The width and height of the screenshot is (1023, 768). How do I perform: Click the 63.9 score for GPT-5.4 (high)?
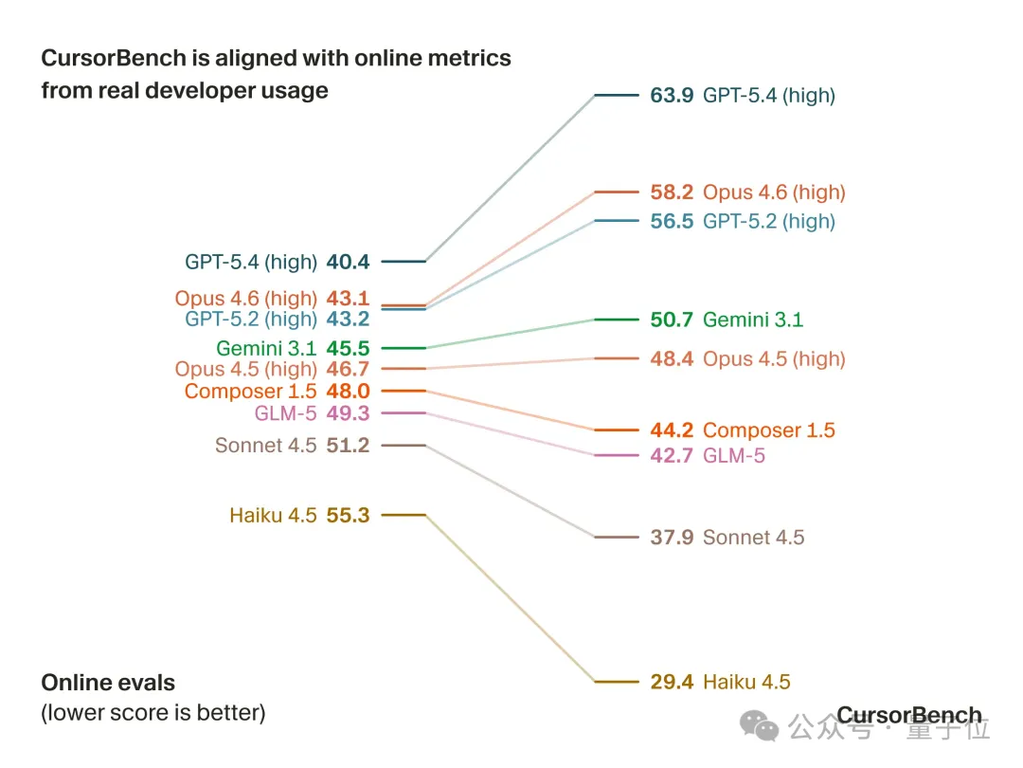[x=672, y=95]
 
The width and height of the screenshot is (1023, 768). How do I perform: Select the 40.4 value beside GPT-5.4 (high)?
[x=348, y=262]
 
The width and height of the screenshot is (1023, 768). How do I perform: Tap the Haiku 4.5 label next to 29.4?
[x=746, y=682]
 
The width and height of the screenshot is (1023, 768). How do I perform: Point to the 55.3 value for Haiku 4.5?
[x=348, y=516]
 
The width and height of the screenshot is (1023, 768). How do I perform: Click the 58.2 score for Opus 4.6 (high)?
[x=672, y=192]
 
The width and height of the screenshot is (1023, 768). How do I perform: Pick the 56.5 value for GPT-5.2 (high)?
[x=672, y=221]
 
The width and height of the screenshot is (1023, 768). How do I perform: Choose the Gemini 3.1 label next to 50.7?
[x=752, y=320]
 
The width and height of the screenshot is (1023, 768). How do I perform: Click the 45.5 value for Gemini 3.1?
[x=348, y=349]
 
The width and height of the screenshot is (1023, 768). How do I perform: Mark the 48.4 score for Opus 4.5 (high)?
[x=672, y=358]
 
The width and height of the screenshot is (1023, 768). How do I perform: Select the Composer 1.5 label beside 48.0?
[x=250, y=392]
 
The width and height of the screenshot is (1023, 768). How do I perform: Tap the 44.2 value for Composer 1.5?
[x=672, y=430]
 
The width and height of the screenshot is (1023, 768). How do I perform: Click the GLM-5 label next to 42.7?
[x=733, y=456]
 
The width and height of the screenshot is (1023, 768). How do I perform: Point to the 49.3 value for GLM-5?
[x=348, y=413]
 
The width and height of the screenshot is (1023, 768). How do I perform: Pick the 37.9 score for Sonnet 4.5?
[x=672, y=538]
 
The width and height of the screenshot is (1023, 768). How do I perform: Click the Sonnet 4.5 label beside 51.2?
[x=265, y=446]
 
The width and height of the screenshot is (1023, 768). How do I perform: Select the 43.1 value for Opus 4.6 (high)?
[x=348, y=298]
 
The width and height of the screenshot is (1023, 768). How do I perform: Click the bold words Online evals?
[x=108, y=683]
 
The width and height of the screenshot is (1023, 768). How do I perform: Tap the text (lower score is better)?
[x=153, y=712]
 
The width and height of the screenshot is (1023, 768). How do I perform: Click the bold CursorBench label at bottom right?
[x=908, y=716]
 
